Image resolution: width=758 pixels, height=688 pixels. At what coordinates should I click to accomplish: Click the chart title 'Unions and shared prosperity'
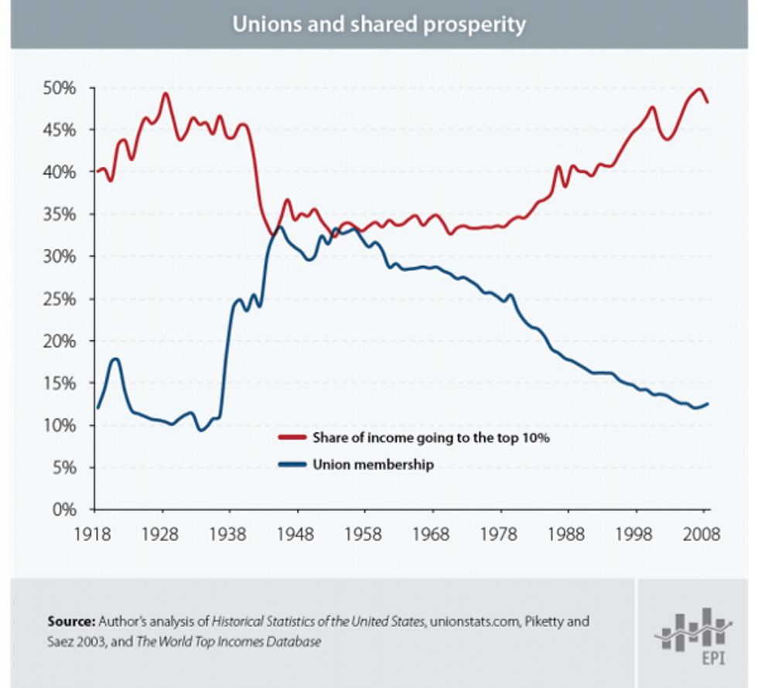(x=379, y=24)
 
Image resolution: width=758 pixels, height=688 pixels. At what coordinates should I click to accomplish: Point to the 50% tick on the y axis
(x=59, y=88)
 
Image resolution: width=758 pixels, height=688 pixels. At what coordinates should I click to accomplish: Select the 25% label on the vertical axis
(x=59, y=299)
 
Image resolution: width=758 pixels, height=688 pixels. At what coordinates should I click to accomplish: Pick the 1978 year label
(x=500, y=534)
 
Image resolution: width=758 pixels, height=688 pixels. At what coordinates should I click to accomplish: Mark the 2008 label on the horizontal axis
(x=703, y=534)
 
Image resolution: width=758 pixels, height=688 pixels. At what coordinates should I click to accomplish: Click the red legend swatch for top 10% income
(x=292, y=438)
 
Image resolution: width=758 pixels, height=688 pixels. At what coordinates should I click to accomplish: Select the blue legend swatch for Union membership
(x=292, y=465)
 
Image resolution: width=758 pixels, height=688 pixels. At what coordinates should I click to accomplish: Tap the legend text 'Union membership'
(x=373, y=465)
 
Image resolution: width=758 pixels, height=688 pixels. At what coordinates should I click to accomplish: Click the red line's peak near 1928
(x=165, y=94)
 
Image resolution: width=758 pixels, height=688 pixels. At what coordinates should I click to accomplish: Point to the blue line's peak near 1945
(x=279, y=227)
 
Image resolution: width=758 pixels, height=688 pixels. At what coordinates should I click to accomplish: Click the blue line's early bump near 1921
(x=115, y=359)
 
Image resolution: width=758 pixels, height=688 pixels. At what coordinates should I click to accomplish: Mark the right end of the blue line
(x=708, y=404)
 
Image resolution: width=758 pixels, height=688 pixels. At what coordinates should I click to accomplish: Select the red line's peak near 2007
(x=700, y=89)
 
